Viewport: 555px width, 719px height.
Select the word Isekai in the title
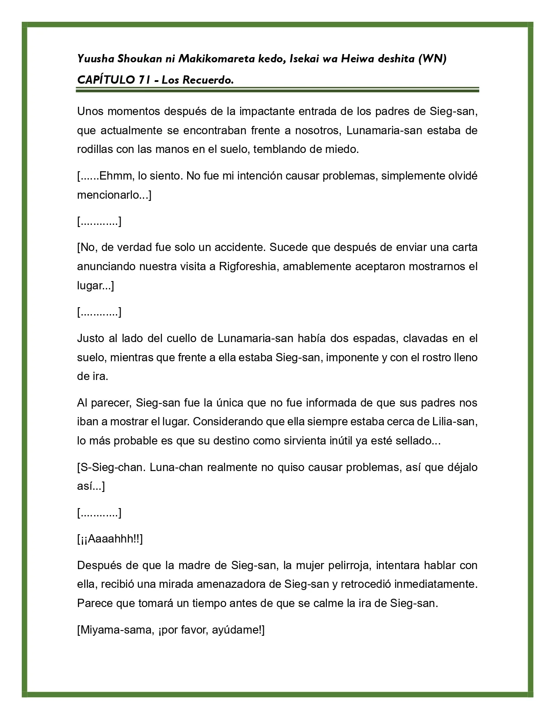(310, 59)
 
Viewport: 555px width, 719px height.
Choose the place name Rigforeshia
(248, 266)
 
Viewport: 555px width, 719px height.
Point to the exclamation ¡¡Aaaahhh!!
(110, 539)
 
